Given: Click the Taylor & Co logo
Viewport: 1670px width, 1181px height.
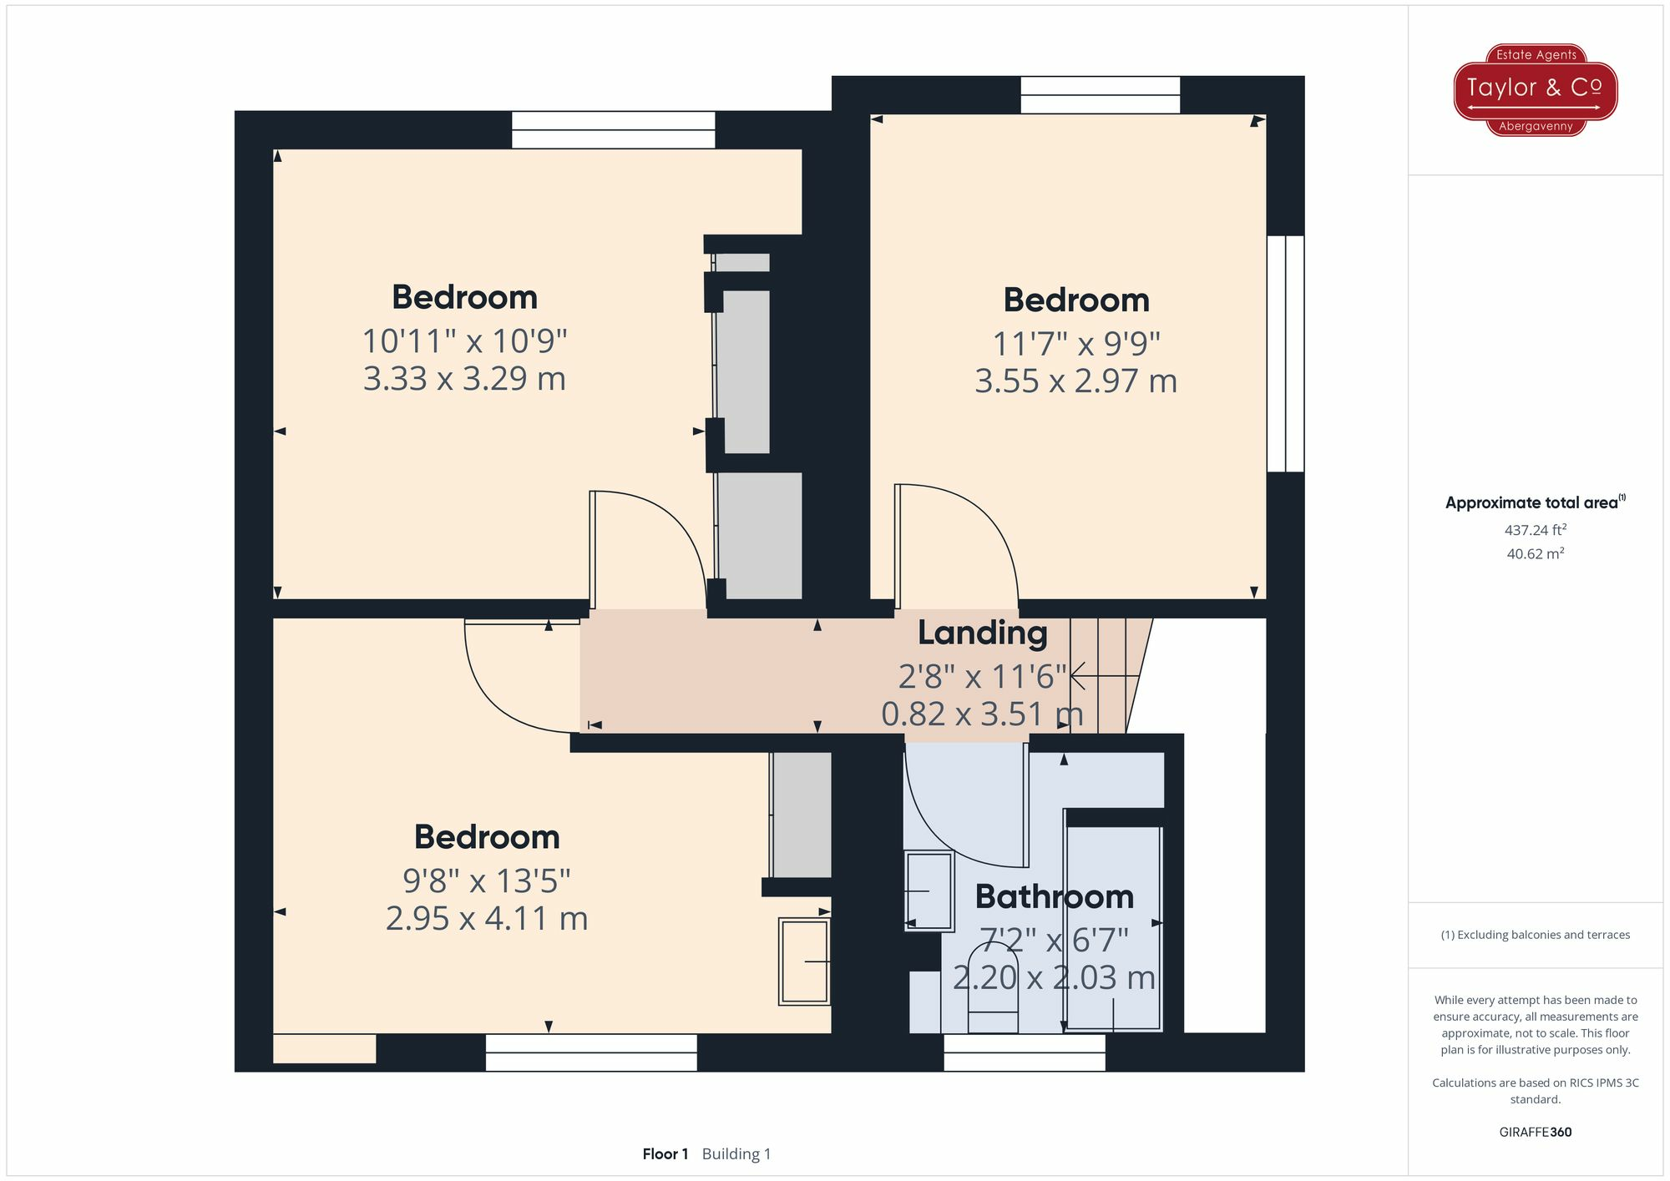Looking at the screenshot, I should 1535,89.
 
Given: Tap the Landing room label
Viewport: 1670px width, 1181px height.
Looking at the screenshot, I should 982,633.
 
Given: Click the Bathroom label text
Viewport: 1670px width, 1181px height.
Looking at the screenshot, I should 1054,897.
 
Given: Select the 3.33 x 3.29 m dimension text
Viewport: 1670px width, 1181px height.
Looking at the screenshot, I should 464,379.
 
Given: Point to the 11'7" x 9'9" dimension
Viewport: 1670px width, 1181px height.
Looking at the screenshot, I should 1075,343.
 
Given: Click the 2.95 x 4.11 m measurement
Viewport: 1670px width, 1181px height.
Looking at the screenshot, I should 487,919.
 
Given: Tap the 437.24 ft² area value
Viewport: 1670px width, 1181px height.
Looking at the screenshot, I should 1535,530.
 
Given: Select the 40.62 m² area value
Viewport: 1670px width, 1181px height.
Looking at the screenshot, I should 1535,554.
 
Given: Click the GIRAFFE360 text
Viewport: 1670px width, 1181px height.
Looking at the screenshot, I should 1535,1133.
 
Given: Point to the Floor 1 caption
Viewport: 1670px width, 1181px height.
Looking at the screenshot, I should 665,1154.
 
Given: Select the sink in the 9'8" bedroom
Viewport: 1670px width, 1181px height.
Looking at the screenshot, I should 804,961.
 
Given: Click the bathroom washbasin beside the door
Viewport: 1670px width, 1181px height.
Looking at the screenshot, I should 929,891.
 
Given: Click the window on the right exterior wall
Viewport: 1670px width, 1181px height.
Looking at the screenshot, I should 1285,353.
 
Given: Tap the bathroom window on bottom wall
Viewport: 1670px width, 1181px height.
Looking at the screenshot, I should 1024,1052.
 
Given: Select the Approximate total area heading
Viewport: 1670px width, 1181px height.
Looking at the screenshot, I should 1535,502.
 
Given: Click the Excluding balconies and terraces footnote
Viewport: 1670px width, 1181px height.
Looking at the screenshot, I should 1535,935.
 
